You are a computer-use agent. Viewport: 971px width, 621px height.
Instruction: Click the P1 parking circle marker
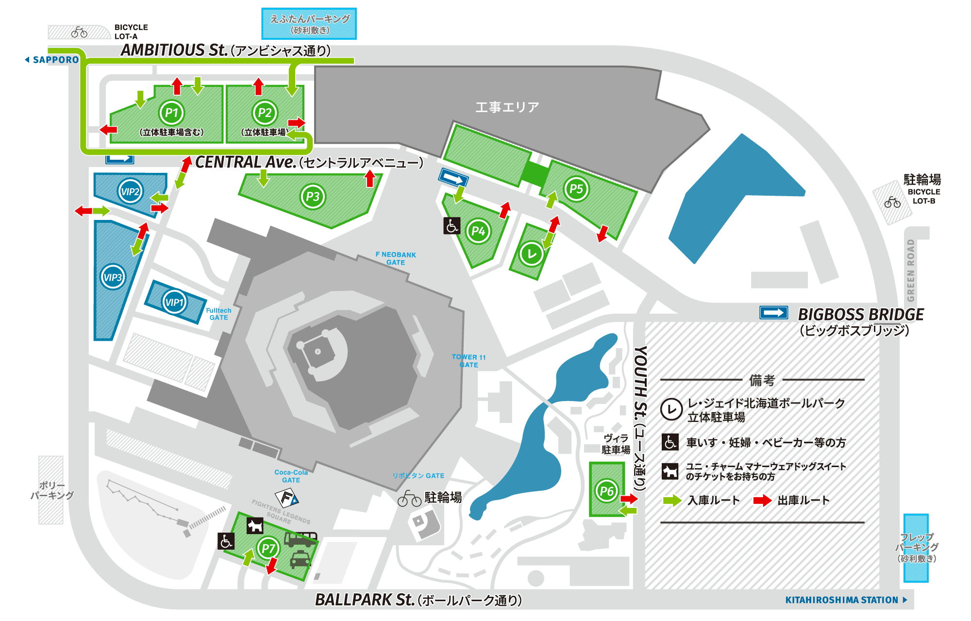pos(172,113)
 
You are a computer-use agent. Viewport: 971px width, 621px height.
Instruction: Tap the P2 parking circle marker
pos(265,113)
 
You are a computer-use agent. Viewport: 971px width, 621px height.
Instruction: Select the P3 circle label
pos(313,197)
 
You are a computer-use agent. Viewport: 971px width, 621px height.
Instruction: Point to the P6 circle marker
pos(607,490)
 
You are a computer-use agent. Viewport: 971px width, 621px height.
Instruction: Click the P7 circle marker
pos(268,549)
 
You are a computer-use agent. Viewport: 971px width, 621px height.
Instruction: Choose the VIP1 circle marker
pos(174,302)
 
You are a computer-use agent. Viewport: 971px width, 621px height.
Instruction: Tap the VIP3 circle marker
pos(113,277)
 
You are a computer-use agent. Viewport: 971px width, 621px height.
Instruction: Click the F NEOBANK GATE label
pos(396,258)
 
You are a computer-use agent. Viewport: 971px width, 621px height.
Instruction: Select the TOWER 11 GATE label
pos(469,361)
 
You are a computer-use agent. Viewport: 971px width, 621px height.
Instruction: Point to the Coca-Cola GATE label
pos(291,476)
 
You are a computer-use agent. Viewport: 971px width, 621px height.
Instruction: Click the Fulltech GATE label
pos(218,314)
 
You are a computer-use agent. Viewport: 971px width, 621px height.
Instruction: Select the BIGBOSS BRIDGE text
pos(861,315)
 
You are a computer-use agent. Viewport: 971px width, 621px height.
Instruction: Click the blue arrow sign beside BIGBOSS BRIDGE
pos(773,313)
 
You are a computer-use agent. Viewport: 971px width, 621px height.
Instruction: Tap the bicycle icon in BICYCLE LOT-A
pos(79,33)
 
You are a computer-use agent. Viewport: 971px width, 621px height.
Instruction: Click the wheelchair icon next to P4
pos(452,226)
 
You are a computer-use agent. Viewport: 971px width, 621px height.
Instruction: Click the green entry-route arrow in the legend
pos(672,500)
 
